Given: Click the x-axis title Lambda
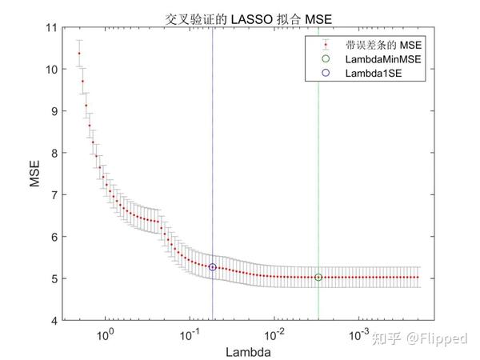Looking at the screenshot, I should tap(246, 350).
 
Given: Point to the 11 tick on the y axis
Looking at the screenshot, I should tap(53, 28).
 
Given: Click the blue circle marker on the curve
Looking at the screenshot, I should tap(213, 267).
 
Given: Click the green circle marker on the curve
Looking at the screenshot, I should tap(318, 278).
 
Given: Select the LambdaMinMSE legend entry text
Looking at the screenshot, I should tap(378, 59).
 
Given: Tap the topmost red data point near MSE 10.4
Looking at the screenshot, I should tap(79, 54).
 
